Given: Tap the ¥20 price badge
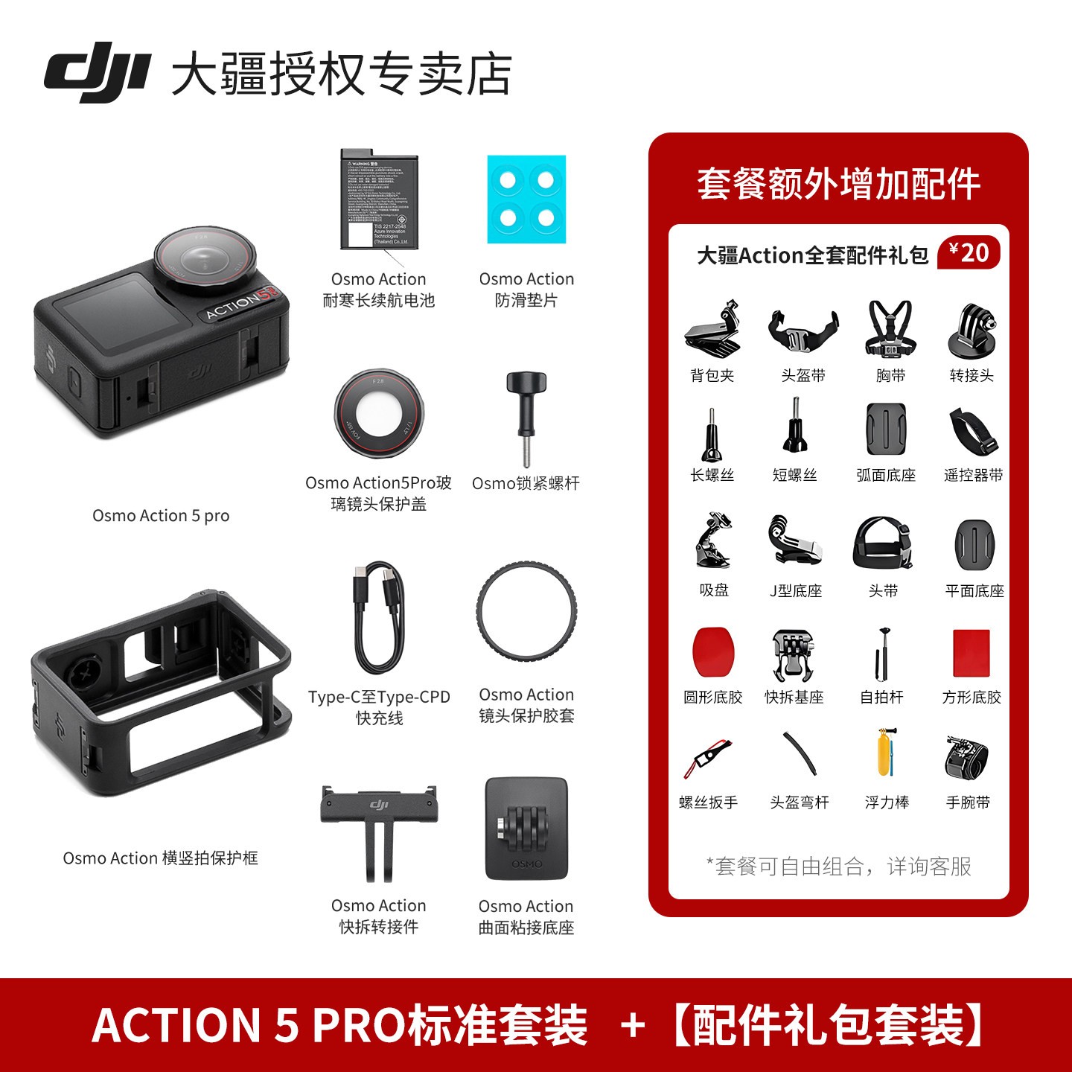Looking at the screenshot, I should [969, 253].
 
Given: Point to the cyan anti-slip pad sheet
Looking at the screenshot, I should [526, 200].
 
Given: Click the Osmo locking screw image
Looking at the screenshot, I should [526, 417].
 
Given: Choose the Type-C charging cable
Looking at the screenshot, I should [380, 618].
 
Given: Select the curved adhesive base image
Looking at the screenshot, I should [526, 829].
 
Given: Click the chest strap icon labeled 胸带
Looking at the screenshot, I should [890, 329].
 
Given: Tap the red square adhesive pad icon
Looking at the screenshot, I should [971, 653].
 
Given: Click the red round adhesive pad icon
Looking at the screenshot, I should [713, 651].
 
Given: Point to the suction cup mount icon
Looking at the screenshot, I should [712, 541].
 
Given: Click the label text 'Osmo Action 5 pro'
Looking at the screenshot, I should [161, 516].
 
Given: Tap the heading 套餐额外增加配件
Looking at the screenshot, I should [838, 184].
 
